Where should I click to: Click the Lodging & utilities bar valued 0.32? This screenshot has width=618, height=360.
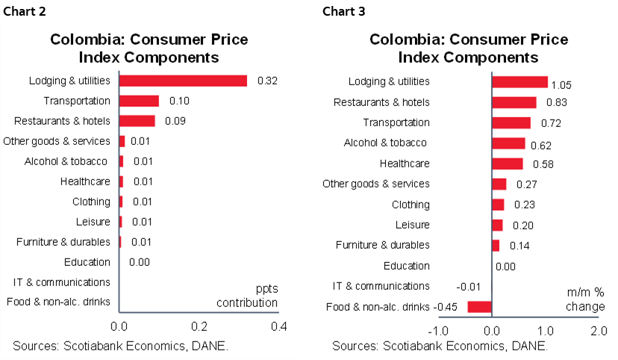(x=183, y=80)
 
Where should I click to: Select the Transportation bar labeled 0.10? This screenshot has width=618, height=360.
(x=139, y=101)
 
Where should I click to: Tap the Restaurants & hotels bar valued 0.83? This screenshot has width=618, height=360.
(x=514, y=102)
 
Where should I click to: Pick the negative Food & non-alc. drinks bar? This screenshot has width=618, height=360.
(x=479, y=306)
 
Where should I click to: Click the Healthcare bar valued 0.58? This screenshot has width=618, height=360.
(x=507, y=164)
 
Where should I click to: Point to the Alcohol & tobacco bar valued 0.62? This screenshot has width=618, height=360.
(x=508, y=143)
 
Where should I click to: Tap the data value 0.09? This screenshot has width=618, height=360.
(x=175, y=121)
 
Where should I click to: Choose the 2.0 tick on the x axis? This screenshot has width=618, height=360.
(x=597, y=331)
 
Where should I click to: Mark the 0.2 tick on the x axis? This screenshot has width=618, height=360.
(x=199, y=326)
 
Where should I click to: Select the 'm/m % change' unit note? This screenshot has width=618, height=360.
(x=585, y=300)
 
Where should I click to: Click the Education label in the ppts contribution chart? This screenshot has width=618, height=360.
(x=88, y=262)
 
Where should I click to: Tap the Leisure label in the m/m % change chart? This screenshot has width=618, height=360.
(x=412, y=225)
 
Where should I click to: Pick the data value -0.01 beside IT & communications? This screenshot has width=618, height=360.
(x=468, y=286)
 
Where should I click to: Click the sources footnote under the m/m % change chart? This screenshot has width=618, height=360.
(x=440, y=346)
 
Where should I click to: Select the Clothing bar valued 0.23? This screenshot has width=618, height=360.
(x=498, y=205)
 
